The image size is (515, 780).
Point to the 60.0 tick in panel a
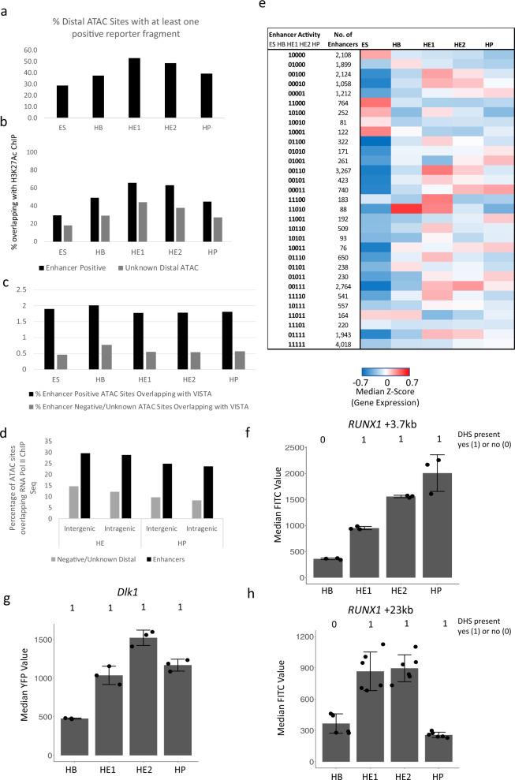click(x=32, y=49)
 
